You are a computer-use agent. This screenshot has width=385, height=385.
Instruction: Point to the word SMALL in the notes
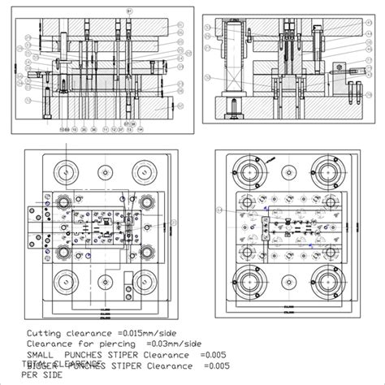pos(41,354)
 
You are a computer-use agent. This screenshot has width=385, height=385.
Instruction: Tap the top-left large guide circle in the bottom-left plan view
pos(63,172)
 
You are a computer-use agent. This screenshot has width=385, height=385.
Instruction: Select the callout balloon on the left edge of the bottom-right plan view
pos(217,208)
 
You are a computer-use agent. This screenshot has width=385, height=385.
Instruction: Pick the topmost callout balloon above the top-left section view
pos(128,9)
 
